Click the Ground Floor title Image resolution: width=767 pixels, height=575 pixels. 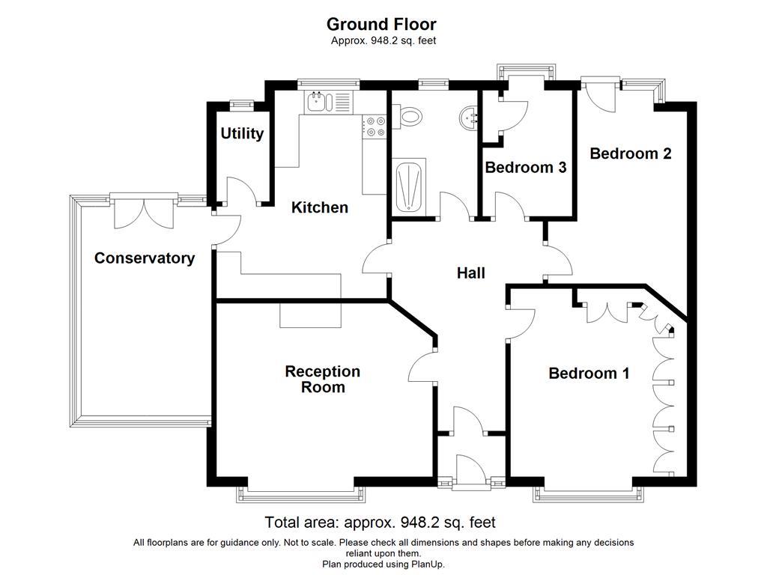tap(381, 25)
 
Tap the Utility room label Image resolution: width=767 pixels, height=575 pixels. tap(242, 133)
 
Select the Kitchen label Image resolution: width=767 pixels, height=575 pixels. tap(320, 207)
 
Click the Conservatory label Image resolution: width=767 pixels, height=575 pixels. tap(145, 258)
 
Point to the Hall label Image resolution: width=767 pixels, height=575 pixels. tap(470, 273)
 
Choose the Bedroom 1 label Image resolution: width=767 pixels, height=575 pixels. tap(589, 373)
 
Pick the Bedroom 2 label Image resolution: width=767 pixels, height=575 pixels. tap(630, 153)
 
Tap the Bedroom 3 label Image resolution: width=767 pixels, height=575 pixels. tap(525, 167)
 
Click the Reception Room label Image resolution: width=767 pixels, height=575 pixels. tap(323, 380)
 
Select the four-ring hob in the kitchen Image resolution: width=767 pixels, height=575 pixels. tap(374, 127)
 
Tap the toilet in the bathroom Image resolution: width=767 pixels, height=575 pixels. tap(408, 115)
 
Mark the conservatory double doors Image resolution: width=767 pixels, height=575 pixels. tap(144, 213)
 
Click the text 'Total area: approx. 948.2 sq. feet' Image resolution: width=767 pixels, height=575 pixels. tap(380, 522)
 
